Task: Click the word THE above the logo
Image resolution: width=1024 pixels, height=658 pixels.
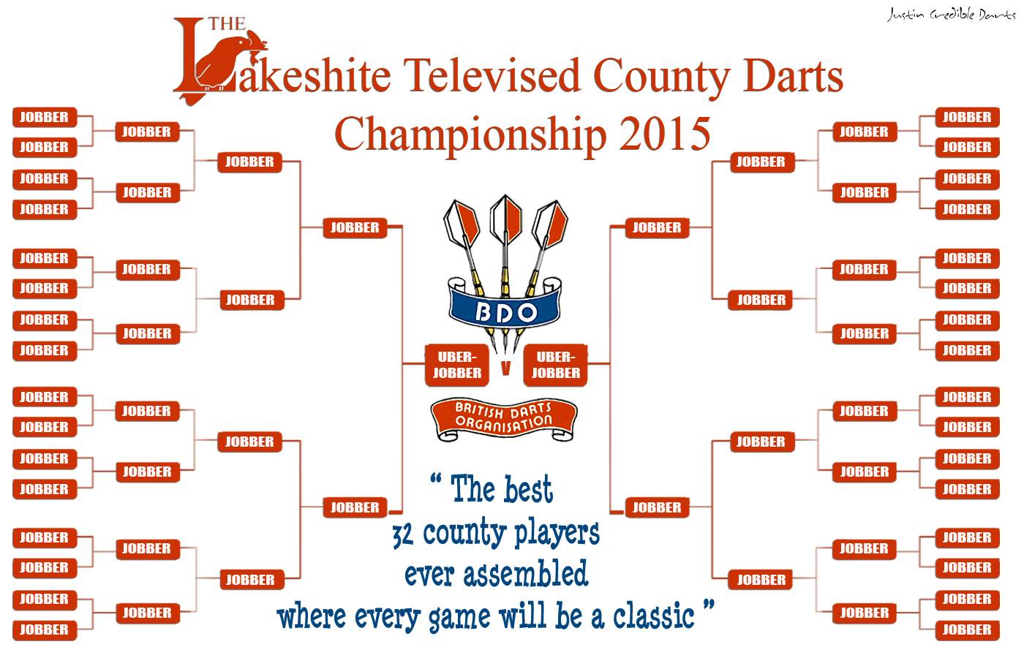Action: pos(227,23)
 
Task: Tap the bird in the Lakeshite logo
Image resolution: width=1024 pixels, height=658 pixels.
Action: pos(228,61)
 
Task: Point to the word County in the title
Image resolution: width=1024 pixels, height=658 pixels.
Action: pos(662,77)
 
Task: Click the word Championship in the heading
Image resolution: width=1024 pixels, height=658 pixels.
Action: pos(470,135)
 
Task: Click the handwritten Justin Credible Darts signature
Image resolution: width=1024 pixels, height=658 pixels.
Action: pos(951,15)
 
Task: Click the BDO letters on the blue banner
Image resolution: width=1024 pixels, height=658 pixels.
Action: pos(505,313)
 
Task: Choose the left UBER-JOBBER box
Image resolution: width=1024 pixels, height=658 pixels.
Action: pos(457,365)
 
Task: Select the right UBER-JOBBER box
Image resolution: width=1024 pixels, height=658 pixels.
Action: pos(555,365)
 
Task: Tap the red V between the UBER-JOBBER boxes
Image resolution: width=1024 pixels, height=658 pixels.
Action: pos(505,368)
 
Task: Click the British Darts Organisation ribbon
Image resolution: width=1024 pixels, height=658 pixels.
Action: pos(504,418)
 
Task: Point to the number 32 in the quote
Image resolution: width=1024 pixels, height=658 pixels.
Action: pos(403,535)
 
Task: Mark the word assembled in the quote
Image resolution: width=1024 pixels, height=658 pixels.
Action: pos(526,574)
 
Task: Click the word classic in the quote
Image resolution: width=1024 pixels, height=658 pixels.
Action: pos(654,616)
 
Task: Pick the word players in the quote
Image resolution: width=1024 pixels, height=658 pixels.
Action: pos(557,534)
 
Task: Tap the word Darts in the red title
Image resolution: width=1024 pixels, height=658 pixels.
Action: pos(793,76)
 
